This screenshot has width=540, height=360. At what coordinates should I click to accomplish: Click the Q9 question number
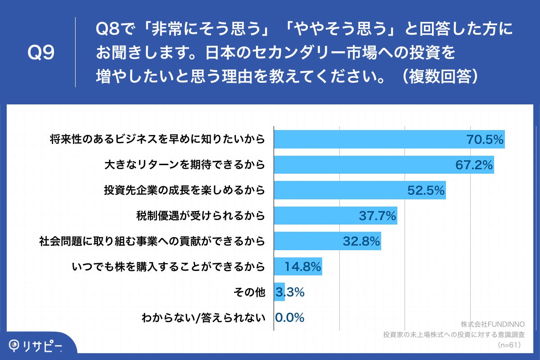(41, 53)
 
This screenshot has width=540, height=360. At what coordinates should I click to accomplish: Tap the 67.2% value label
(474, 165)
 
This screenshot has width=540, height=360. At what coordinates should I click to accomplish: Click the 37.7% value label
(378, 216)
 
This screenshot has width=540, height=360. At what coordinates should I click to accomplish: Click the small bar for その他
(279, 292)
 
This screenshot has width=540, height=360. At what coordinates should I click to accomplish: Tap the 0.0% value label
(289, 318)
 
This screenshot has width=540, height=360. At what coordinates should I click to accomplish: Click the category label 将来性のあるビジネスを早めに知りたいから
(157, 139)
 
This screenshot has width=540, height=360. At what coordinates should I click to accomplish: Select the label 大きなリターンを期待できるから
(184, 165)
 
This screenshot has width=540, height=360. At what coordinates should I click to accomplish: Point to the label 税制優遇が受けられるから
(200, 216)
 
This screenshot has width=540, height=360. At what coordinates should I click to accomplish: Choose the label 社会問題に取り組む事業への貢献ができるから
(152, 242)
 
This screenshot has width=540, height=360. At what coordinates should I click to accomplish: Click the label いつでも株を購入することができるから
(168, 267)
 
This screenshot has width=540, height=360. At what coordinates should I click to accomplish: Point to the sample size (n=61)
(509, 345)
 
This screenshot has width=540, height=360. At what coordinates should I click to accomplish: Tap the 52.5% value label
(426, 190)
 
